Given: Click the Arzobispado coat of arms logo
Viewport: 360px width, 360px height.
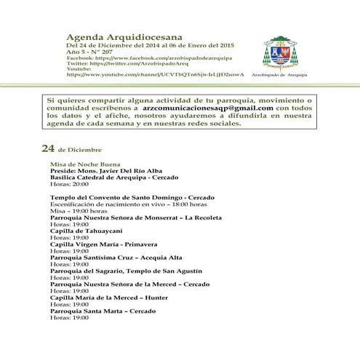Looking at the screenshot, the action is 280,52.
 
